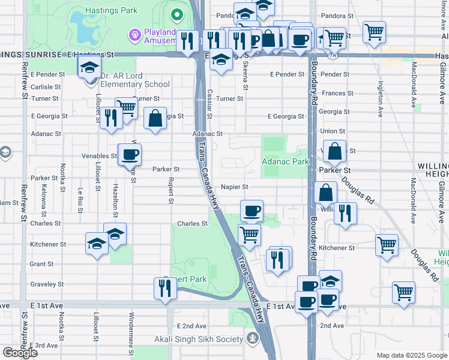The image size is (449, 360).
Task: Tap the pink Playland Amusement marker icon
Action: (134, 35)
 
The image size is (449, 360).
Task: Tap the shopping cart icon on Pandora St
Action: (374, 32)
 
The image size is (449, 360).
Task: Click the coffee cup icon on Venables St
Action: (130, 156)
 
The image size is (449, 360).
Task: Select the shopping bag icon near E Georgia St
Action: (155, 118)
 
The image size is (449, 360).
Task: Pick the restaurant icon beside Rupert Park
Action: (164, 289)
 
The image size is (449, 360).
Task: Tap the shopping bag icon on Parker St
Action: (335, 152)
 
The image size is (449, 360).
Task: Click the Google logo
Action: (19, 352)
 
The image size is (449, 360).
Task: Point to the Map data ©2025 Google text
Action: (411, 355)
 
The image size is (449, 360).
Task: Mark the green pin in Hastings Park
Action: (176, 14)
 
